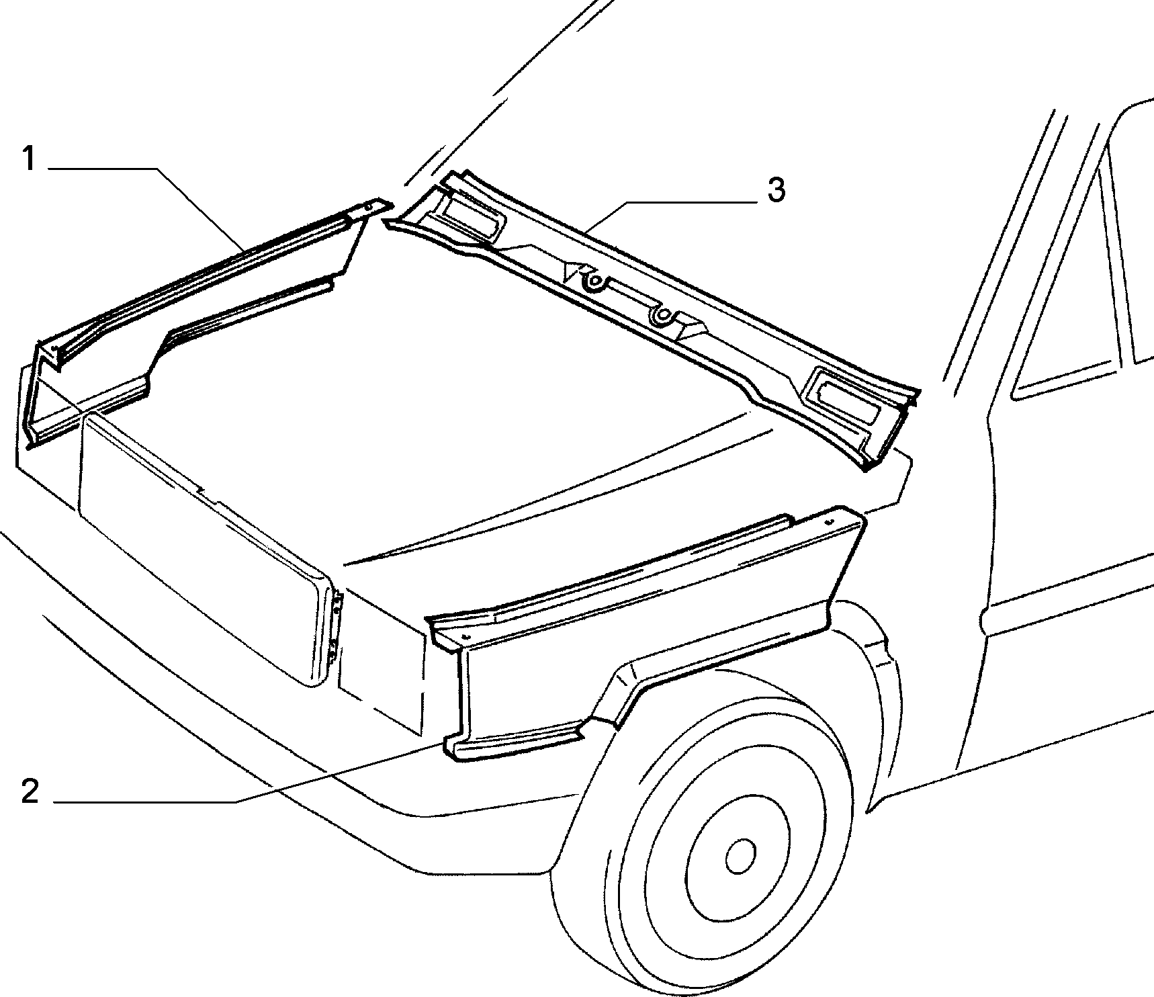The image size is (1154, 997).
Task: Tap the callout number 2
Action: coord(30,792)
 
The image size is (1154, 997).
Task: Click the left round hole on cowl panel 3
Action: coord(594,281)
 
